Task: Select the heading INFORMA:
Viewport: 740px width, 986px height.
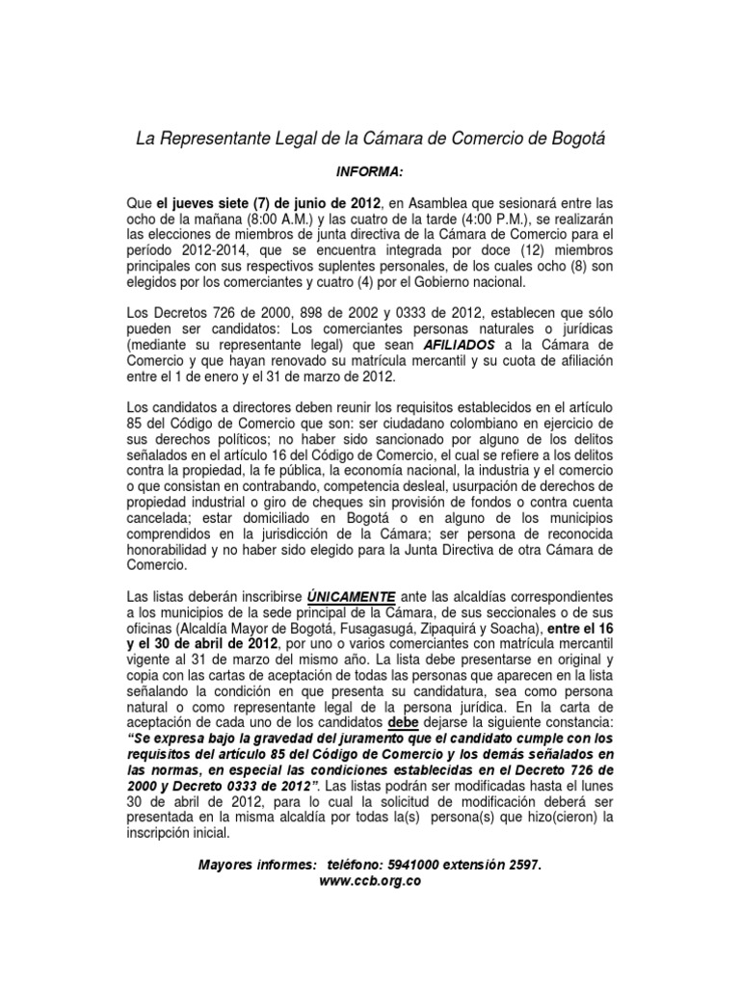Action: point(369,169)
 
